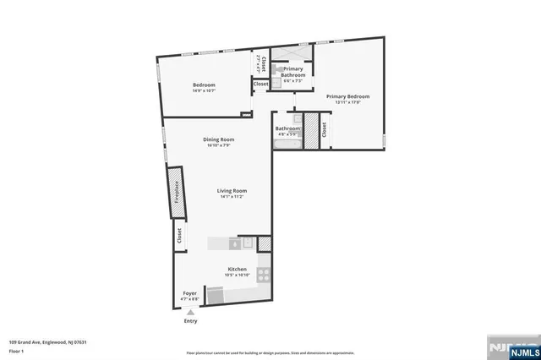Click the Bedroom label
[204, 85]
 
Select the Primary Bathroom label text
[292, 72]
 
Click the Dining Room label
[218, 139]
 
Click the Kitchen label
[237, 270]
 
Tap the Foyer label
[190, 293]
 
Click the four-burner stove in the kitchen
[264, 274]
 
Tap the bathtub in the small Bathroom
[283, 146]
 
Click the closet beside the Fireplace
[178, 238]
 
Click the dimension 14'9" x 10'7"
[204, 91]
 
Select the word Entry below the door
[189, 321]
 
